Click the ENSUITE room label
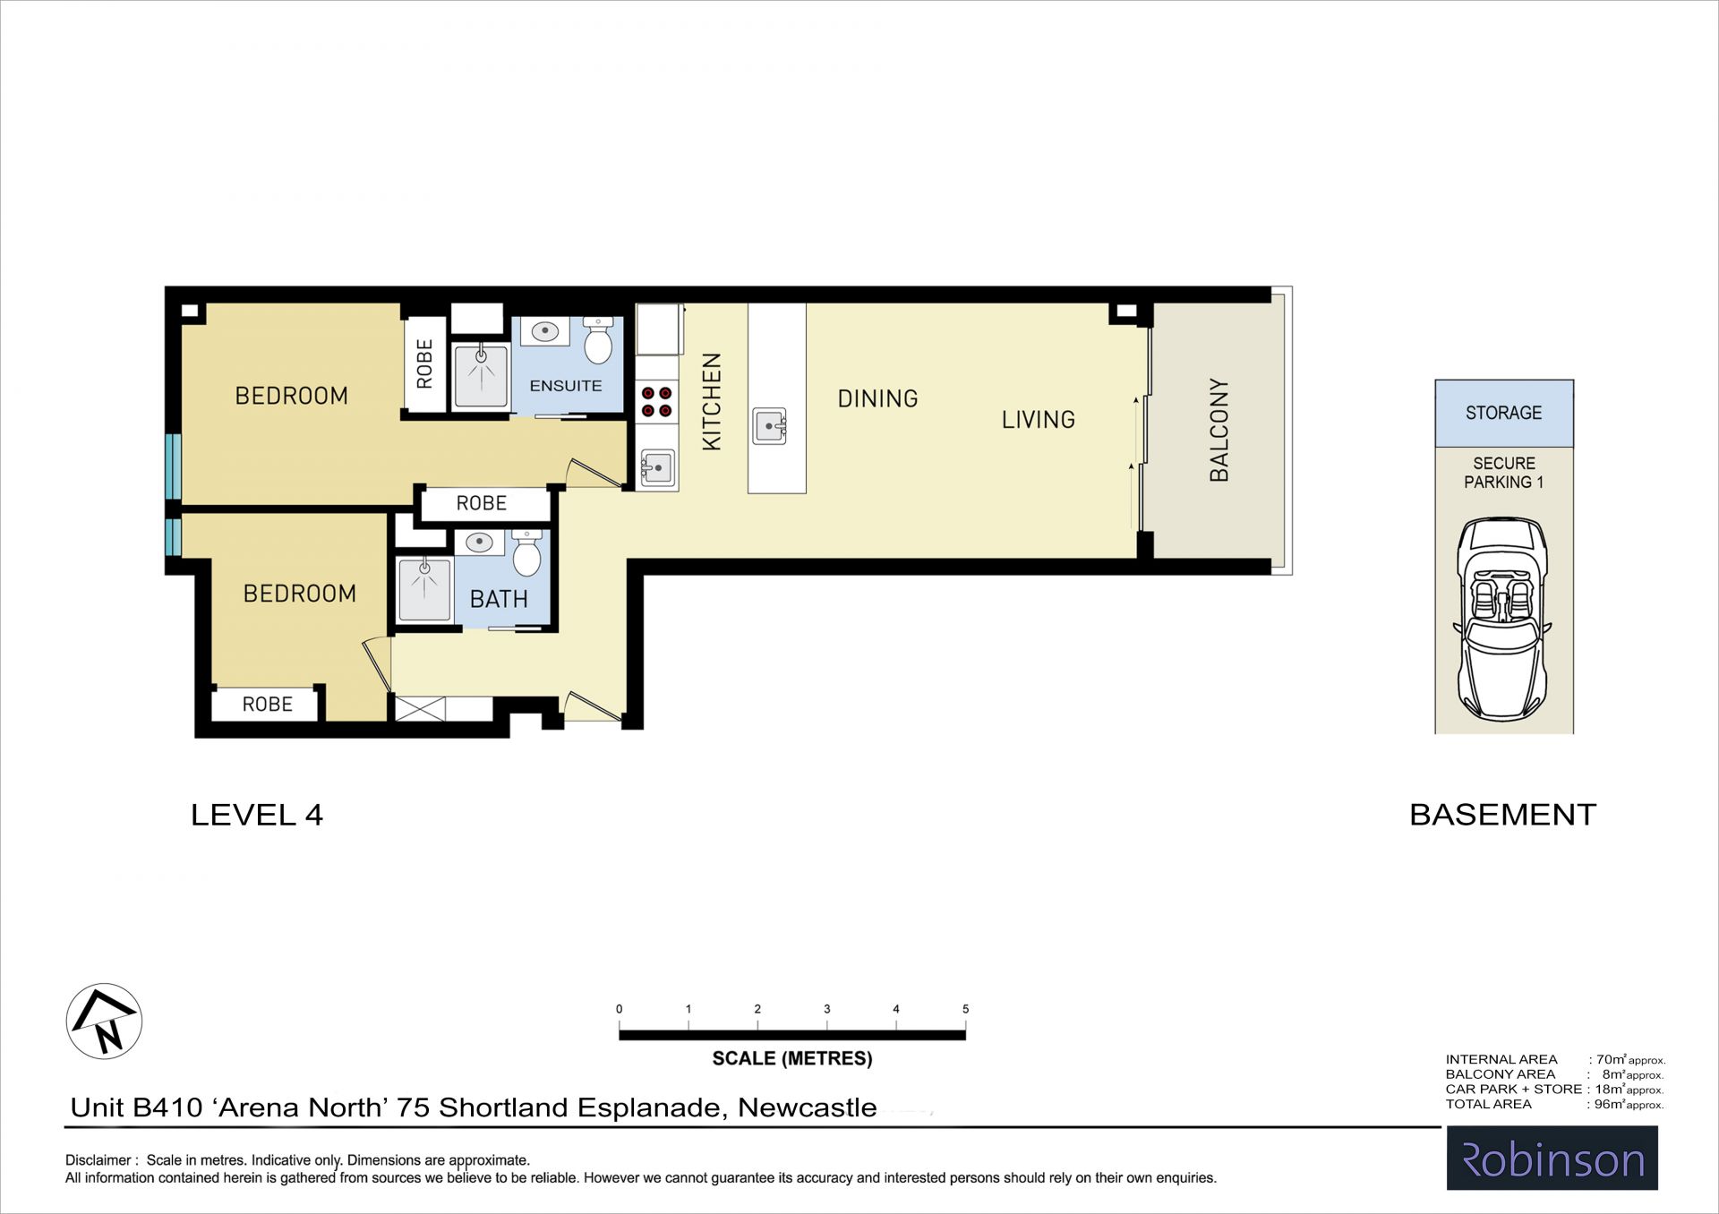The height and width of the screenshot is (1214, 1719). coord(566,386)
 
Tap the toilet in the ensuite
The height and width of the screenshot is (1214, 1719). coord(598,339)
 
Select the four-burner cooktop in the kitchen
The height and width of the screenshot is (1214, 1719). coord(656,401)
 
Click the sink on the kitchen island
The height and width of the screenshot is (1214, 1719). coord(769,425)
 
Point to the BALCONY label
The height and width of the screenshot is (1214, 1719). coord(1219,430)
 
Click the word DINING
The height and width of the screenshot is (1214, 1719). coord(877,398)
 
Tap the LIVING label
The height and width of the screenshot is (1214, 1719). coord(1038,419)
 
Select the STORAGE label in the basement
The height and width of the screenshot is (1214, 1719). coord(1503,413)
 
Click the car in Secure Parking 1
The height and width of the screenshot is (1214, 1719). coord(1503,619)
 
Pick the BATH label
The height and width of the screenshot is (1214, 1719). coord(499,599)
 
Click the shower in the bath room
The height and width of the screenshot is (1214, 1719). coord(424,589)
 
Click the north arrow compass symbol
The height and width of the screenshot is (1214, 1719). coord(105,1022)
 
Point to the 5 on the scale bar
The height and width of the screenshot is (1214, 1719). coord(965,1009)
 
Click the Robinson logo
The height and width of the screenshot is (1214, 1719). coord(1552,1158)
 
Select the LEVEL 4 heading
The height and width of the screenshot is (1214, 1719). coord(257,815)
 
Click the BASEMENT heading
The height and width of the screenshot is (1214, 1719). coord(1502,815)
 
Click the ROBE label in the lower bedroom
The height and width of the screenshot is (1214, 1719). coord(267,705)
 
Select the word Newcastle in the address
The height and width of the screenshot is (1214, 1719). coord(807,1107)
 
